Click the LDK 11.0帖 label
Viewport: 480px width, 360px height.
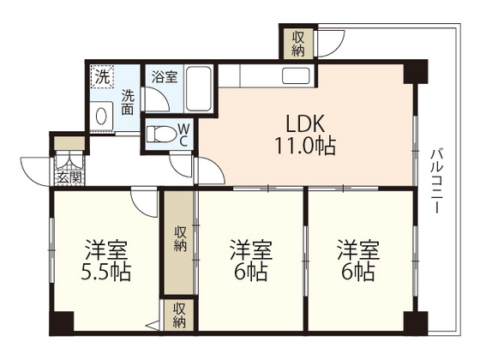coord(305,135)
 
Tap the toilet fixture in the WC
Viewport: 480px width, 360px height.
coord(161,134)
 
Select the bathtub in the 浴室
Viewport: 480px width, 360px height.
coord(199,89)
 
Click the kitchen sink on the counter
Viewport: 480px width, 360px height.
coord(296,75)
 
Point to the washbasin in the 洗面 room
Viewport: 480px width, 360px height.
coord(101,116)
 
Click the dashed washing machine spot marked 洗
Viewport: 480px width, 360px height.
coord(102,77)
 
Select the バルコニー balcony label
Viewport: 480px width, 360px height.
coord(436,181)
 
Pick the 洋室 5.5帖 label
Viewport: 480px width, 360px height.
coord(106,261)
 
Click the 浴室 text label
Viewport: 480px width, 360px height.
coord(165,76)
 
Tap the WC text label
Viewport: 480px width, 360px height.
coord(183,135)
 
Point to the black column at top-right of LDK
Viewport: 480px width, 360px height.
coord(415,72)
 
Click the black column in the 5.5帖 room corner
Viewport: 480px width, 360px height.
coord(62,323)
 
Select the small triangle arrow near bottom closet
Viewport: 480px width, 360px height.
coord(153,326)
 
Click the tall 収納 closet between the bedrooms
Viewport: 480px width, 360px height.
coord(179,243)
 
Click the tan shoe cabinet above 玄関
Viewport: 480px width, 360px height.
coord(69,143)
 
